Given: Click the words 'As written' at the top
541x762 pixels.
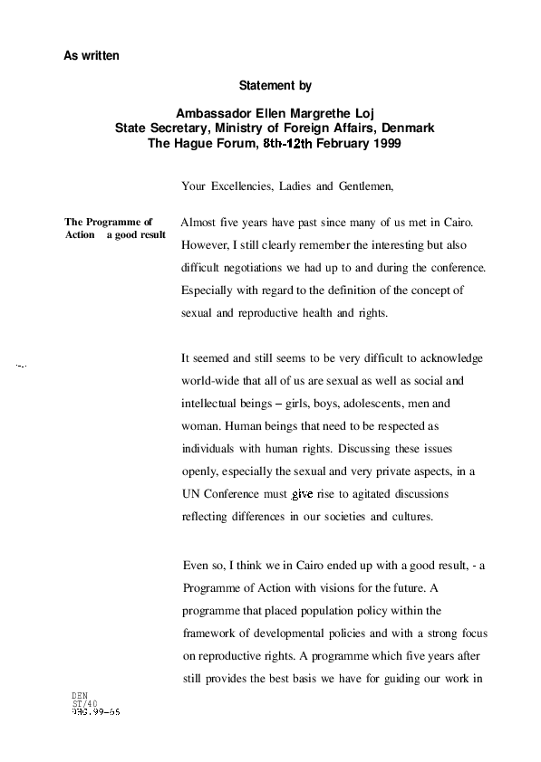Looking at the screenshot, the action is pyautogui.click(x=91, y=55).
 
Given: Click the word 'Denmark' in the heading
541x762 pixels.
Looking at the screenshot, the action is pyautogui.click(x=408, y=128).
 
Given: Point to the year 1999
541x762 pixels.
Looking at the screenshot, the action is pyautogui.click(x=387, y=143).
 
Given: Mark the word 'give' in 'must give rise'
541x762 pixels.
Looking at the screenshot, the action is pyautogui.click(x=302, y=495).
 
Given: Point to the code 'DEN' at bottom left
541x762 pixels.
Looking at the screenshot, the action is pyautogui.click(x=80, y=696).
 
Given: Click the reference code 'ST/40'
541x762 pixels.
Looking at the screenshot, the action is pyautogui.click(x=84, y=704).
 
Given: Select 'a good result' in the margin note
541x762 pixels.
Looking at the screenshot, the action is pyautogui.click(x=136, y=235).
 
